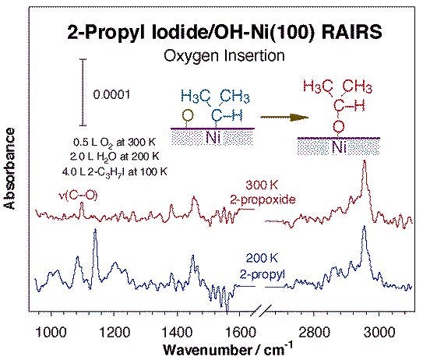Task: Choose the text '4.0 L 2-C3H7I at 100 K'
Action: point(114,169)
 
